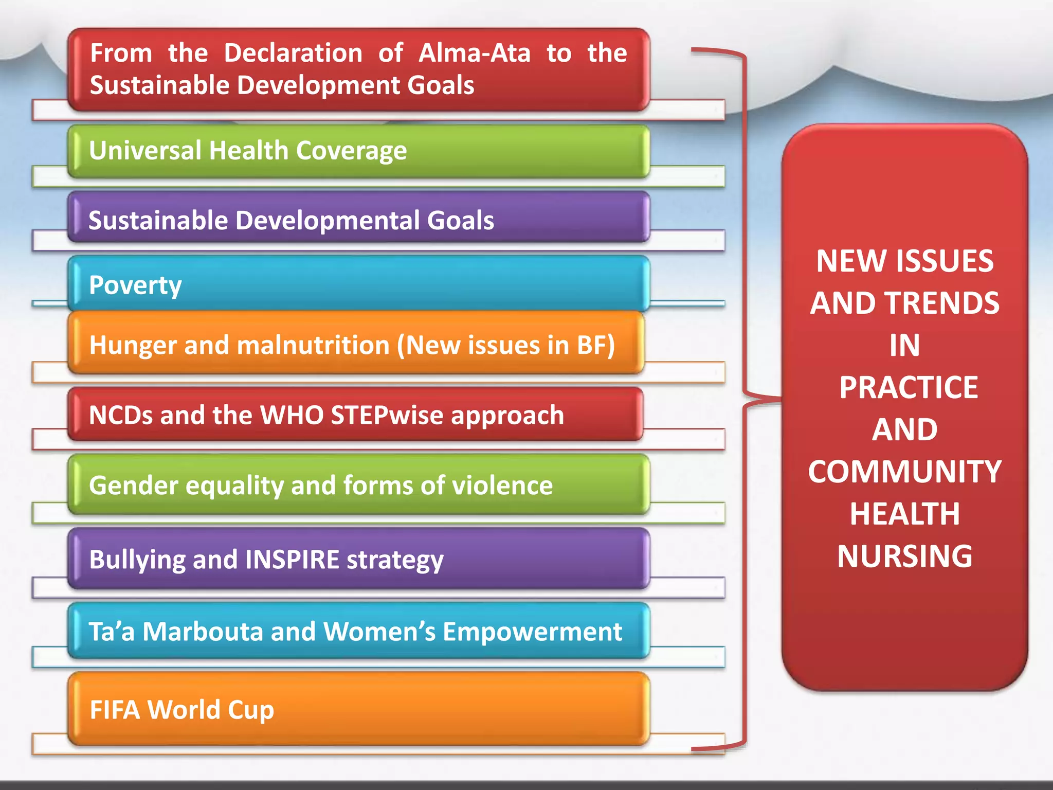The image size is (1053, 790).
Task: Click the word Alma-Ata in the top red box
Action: coord(474,53)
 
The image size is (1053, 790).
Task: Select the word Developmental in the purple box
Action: coord(327,221)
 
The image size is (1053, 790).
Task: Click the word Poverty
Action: coord(135,285)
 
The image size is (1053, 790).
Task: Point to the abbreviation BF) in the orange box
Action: coord(596,345)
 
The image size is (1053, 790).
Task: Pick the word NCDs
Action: coord(121,415)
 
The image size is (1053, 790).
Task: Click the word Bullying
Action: coord(137,560)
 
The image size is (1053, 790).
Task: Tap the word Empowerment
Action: coord(532,632)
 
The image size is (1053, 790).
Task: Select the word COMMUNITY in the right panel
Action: coord(904,472)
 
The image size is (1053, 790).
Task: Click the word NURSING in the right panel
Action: coord(904,556)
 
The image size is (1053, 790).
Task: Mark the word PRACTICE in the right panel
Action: coord(908,387)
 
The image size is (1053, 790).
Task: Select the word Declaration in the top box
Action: coord(293,53)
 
